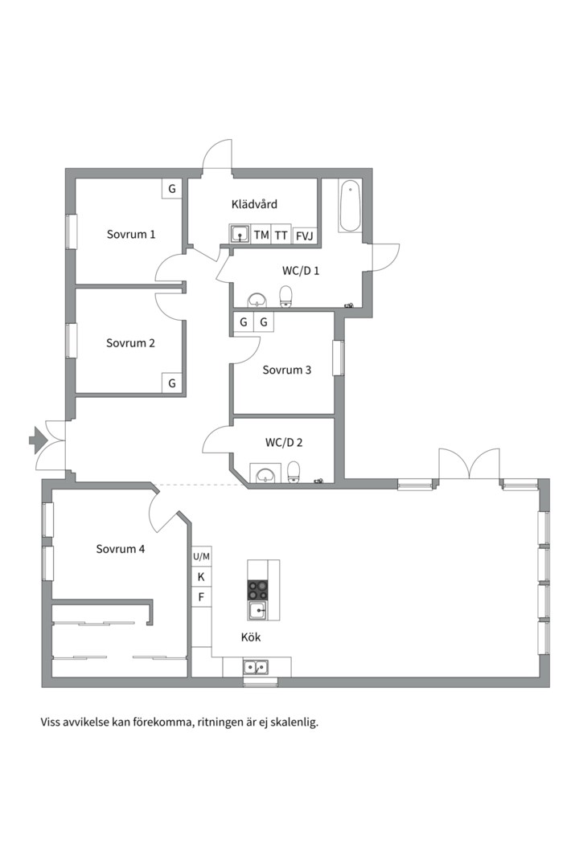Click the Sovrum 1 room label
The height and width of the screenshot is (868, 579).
click(x=131, y=235)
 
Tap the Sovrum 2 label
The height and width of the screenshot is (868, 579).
click(x=130, y=343)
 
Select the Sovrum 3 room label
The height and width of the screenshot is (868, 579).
click(x=287, y=371)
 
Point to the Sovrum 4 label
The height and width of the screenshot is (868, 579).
click(x=121, y=550)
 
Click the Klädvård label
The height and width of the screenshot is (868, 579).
click(x=254, y=205)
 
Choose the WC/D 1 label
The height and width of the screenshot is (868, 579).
click(x=301, y=271)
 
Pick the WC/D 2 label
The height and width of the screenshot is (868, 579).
click(x=284, y=443)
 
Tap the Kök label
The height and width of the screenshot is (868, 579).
click(x=251, y=637)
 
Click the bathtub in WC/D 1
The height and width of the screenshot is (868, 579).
click(x=350, y=207)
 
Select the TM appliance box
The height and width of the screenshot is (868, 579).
click(x=261, y=235)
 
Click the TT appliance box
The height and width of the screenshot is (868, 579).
click(x=281, y=235)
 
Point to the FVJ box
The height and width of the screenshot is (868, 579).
click(x=305, y=235)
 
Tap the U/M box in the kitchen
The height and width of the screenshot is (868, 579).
click(x=201, y=556)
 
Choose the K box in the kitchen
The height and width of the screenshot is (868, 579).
click(x=201, y=577)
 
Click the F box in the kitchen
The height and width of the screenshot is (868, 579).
click(x=201, y=597)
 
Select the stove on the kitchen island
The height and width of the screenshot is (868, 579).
click(x=258, y=590)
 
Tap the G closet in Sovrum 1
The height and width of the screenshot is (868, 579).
click(x=171, y=189)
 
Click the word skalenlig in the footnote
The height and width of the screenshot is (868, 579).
click(x=294, y=722)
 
